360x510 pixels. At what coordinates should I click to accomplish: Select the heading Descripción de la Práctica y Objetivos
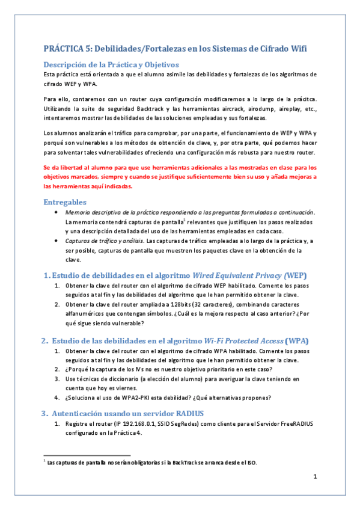(x=111, y=64)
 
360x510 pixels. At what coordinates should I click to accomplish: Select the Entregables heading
(x=66, y=202)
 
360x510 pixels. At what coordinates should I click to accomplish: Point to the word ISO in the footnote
(x=252, y=462)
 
